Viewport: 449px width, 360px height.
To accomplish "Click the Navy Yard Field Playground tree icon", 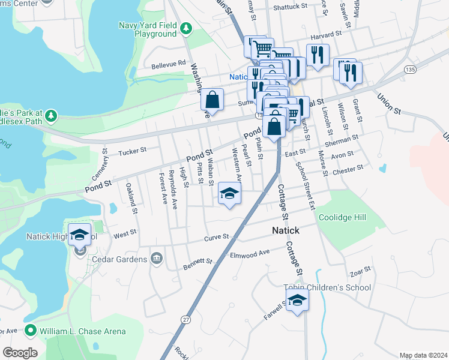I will (186, 28).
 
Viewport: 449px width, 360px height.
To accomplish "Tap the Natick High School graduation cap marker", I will (79, 235).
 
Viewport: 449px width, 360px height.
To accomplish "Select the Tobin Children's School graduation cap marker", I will (297, 301).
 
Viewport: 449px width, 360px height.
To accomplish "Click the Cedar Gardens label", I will (119, 259).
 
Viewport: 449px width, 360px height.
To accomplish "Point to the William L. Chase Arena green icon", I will (30, 331).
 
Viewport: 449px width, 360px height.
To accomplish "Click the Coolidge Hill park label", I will (342, 217).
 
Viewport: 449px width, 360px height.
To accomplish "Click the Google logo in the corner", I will (20, 353).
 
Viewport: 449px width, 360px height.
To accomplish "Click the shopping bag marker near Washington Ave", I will (212, 100).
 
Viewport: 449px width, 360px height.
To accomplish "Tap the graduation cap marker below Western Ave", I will (229, 193).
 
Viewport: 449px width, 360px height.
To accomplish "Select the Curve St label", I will (217, 237).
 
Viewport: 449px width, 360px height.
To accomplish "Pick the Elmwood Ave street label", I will (250, 255).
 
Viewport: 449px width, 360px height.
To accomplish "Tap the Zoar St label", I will (360, 272).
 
